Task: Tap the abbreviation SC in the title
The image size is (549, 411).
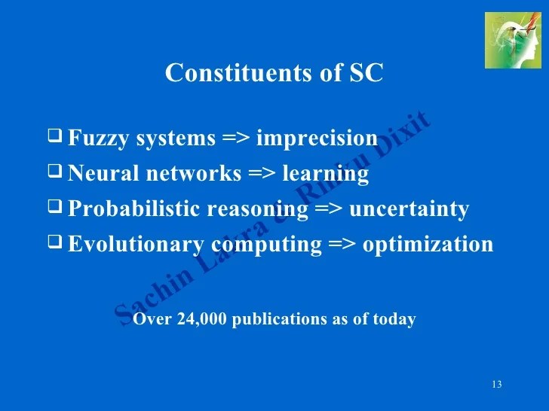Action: [367, 73]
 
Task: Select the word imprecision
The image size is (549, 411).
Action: [317, 139]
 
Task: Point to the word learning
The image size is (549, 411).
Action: [325, 174]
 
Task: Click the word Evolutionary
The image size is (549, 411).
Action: [136, 245]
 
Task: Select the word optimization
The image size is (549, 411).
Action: [428, 245]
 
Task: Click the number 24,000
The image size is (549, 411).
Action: [203, 319]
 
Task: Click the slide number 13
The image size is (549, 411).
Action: [496, 385]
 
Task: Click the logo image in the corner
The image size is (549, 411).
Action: [513, 40]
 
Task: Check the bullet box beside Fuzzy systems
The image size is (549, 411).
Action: [55, 137]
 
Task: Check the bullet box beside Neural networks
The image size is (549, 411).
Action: [55, 172]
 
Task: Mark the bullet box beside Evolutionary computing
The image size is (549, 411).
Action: [55, 242]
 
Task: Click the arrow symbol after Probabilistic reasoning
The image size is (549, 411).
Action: [328, 209]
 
